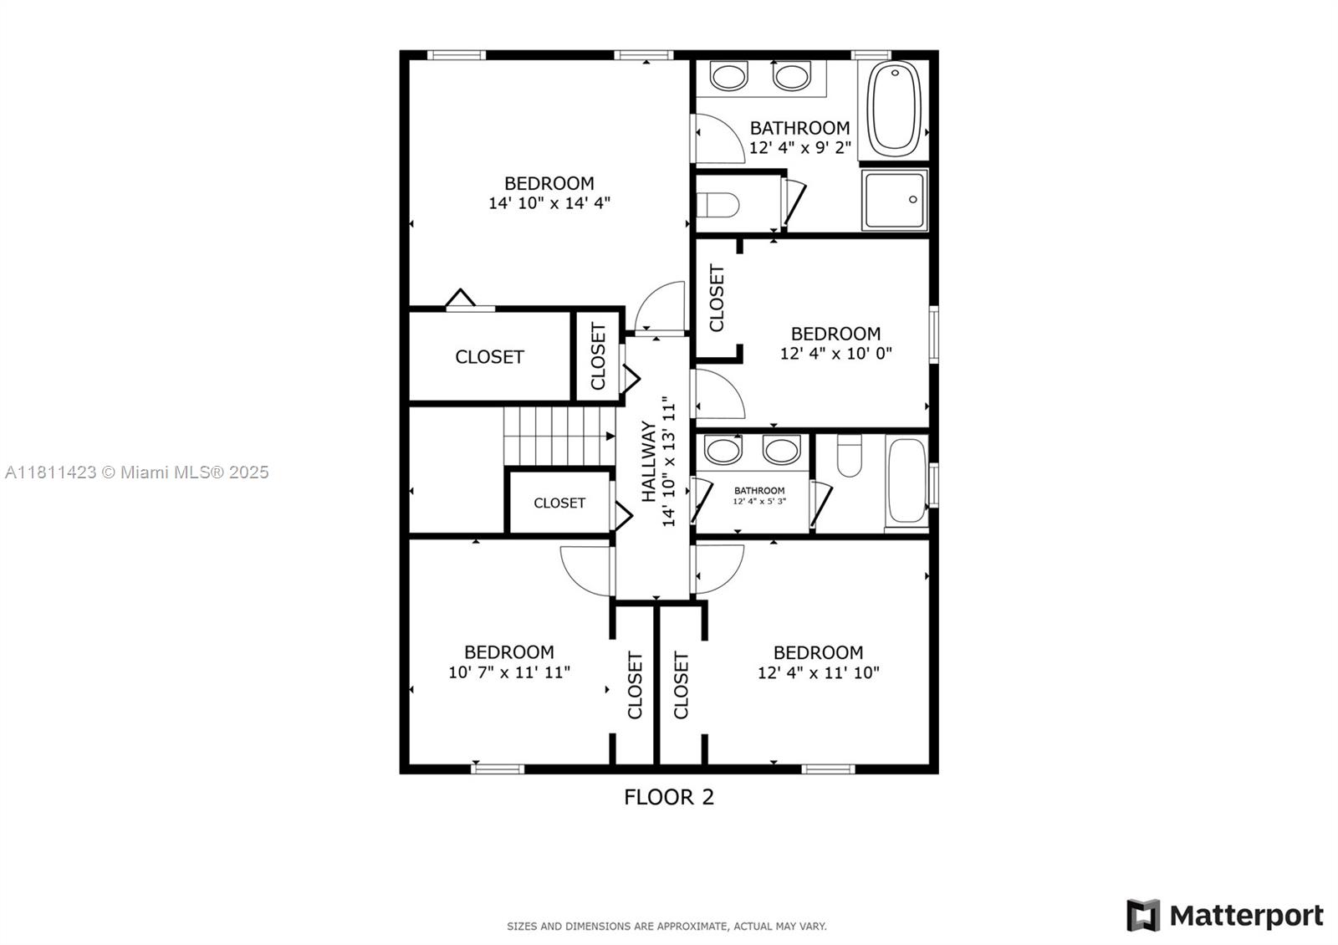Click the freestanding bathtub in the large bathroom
(894, 109)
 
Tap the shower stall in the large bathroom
(894, 200)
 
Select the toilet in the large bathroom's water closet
(718, 205)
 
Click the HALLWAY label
(649, 461)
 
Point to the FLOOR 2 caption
(669, 797)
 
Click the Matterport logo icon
(1143, 915)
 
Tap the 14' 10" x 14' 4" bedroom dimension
(549, 203)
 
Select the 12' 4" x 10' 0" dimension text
(835, 353)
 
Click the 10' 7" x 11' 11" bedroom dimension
(509, 672)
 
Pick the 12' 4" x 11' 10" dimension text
(819, 672)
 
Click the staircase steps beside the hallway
(559, 436)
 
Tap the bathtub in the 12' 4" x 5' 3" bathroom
(906, 482)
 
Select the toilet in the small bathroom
(849, 455)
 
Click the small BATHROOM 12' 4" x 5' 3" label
(759, 495)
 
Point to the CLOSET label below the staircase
(559, 503)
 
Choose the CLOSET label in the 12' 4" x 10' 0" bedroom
(716, 298)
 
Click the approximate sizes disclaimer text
(666, 927)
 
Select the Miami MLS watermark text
(137, 472)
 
